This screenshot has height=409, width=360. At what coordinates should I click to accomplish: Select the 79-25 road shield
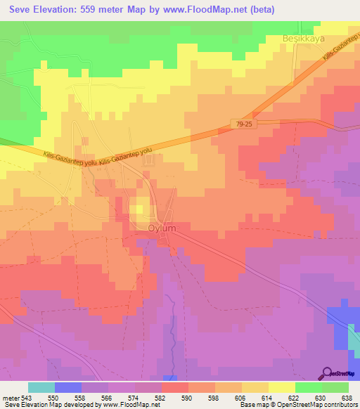(243, 124)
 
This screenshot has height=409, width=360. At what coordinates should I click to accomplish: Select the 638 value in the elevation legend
(347, 397)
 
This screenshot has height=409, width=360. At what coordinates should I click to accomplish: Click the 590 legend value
(188, 397)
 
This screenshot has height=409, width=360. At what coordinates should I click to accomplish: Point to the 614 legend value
(267, 397)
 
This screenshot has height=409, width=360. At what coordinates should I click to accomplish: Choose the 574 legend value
(134, 397)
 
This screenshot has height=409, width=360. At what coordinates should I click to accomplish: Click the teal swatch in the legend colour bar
(41, 387)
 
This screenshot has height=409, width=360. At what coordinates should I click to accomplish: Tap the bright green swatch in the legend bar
(309, 387)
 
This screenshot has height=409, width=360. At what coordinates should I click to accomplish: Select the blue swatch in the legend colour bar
(68, 387)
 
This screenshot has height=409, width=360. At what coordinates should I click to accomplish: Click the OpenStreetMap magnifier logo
(326, 373)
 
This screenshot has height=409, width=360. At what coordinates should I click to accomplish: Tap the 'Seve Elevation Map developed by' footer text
(42, 405)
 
